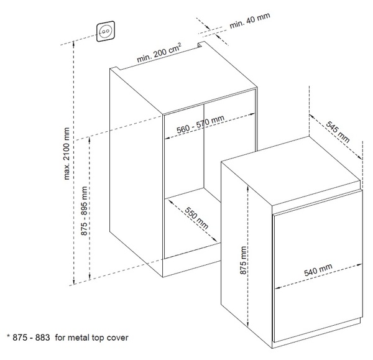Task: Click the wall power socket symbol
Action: (x=106, y=31)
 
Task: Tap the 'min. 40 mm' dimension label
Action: (x=250, y=21)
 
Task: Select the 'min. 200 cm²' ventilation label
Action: (x=159, y=53)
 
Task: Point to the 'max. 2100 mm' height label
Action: (x=67, y=154)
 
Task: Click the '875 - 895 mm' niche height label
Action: (x=84, y=211)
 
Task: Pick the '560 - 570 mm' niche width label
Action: (x=200, y=124)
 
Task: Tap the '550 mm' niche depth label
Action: (x=196, y=218)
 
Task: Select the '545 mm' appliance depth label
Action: (x=338, y=132)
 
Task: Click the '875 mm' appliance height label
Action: (x=243, y=261)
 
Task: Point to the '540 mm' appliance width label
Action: (x=318, y=270)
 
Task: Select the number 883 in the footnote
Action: (x=42, y=338)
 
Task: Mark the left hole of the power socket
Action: (x=103, y=31)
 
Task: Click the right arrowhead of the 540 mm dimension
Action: (x=359, y=265)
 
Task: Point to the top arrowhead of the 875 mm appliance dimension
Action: (x=248, y=188)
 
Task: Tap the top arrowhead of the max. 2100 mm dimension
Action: (x=74, y=44)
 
